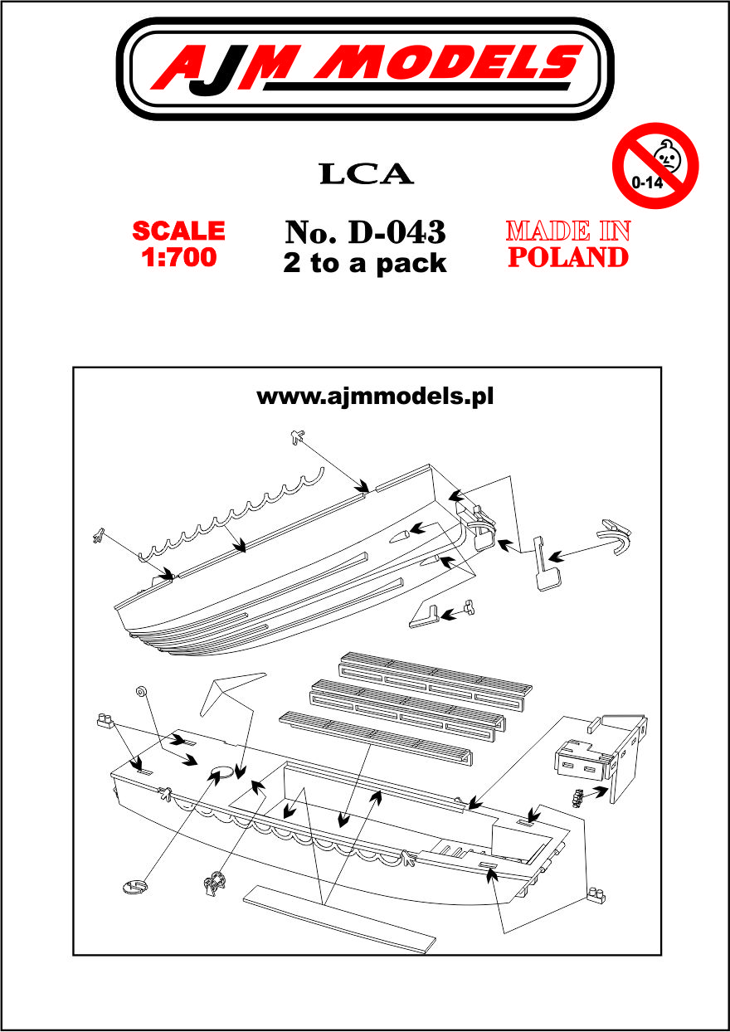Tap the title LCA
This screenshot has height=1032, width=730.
(x=367, y=173)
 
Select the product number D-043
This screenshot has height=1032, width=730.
(x=397, y=231)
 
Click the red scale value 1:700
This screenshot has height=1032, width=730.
(x=178, y=257)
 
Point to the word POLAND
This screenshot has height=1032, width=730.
(x=568, y=257)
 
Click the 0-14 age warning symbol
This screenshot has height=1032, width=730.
(x=655, y=165)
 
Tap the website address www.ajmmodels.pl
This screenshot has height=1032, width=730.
(x=375, y=397)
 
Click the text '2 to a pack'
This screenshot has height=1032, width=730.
(x=365, y=263)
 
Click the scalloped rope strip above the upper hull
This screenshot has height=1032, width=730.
(x=231, y=516)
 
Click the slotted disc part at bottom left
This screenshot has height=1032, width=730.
(x=136, y=887)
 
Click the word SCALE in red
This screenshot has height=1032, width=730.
(x=178, y=231)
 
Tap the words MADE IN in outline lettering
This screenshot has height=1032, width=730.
(x=568, y=231)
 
